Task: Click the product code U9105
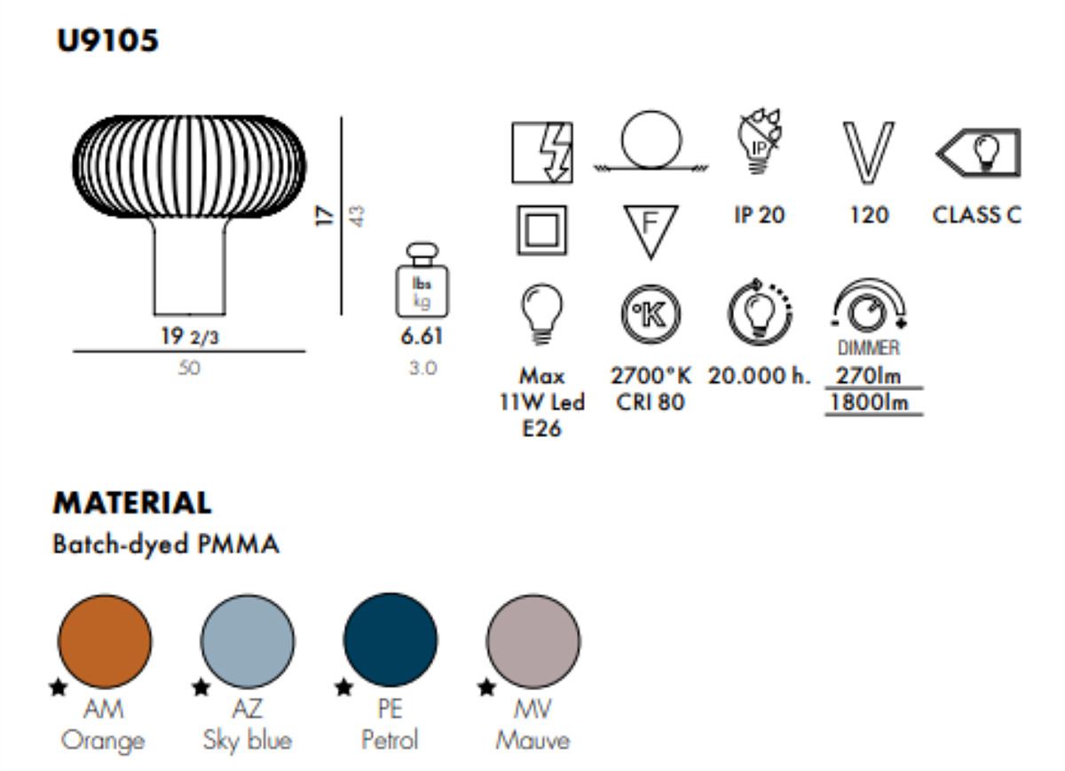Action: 107,41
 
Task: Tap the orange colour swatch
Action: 105,641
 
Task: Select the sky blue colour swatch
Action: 248,641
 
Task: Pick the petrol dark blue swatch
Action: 390,640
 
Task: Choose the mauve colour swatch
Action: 533,641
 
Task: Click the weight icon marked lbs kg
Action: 422,281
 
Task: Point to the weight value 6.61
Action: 422,336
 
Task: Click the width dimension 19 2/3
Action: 190,337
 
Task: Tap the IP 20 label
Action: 760,215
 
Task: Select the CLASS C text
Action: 976,215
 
